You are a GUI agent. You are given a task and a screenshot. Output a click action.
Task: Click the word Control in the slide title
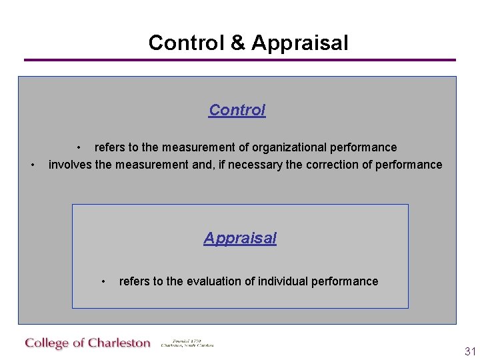186,43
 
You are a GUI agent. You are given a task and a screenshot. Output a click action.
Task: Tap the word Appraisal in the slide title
299,43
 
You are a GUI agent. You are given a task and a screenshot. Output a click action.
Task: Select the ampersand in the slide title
237,43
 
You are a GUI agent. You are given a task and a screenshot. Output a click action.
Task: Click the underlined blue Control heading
237,110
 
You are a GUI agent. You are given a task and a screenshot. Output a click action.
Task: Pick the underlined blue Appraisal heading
240,238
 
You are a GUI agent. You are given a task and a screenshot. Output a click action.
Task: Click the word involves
70,165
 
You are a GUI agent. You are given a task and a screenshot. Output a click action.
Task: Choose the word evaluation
213,281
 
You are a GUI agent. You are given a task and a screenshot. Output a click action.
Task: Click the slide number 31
470,351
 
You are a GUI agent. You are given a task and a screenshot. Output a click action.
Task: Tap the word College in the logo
47,343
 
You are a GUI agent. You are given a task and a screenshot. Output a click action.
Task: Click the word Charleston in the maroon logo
119,343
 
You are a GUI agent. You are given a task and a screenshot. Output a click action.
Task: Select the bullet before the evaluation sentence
103,281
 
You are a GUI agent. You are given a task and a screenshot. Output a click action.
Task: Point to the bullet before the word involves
33,165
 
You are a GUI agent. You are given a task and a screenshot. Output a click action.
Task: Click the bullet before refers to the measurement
79,147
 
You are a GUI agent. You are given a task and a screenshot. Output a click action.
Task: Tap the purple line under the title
240,60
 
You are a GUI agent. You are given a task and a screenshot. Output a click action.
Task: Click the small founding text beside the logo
187,343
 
